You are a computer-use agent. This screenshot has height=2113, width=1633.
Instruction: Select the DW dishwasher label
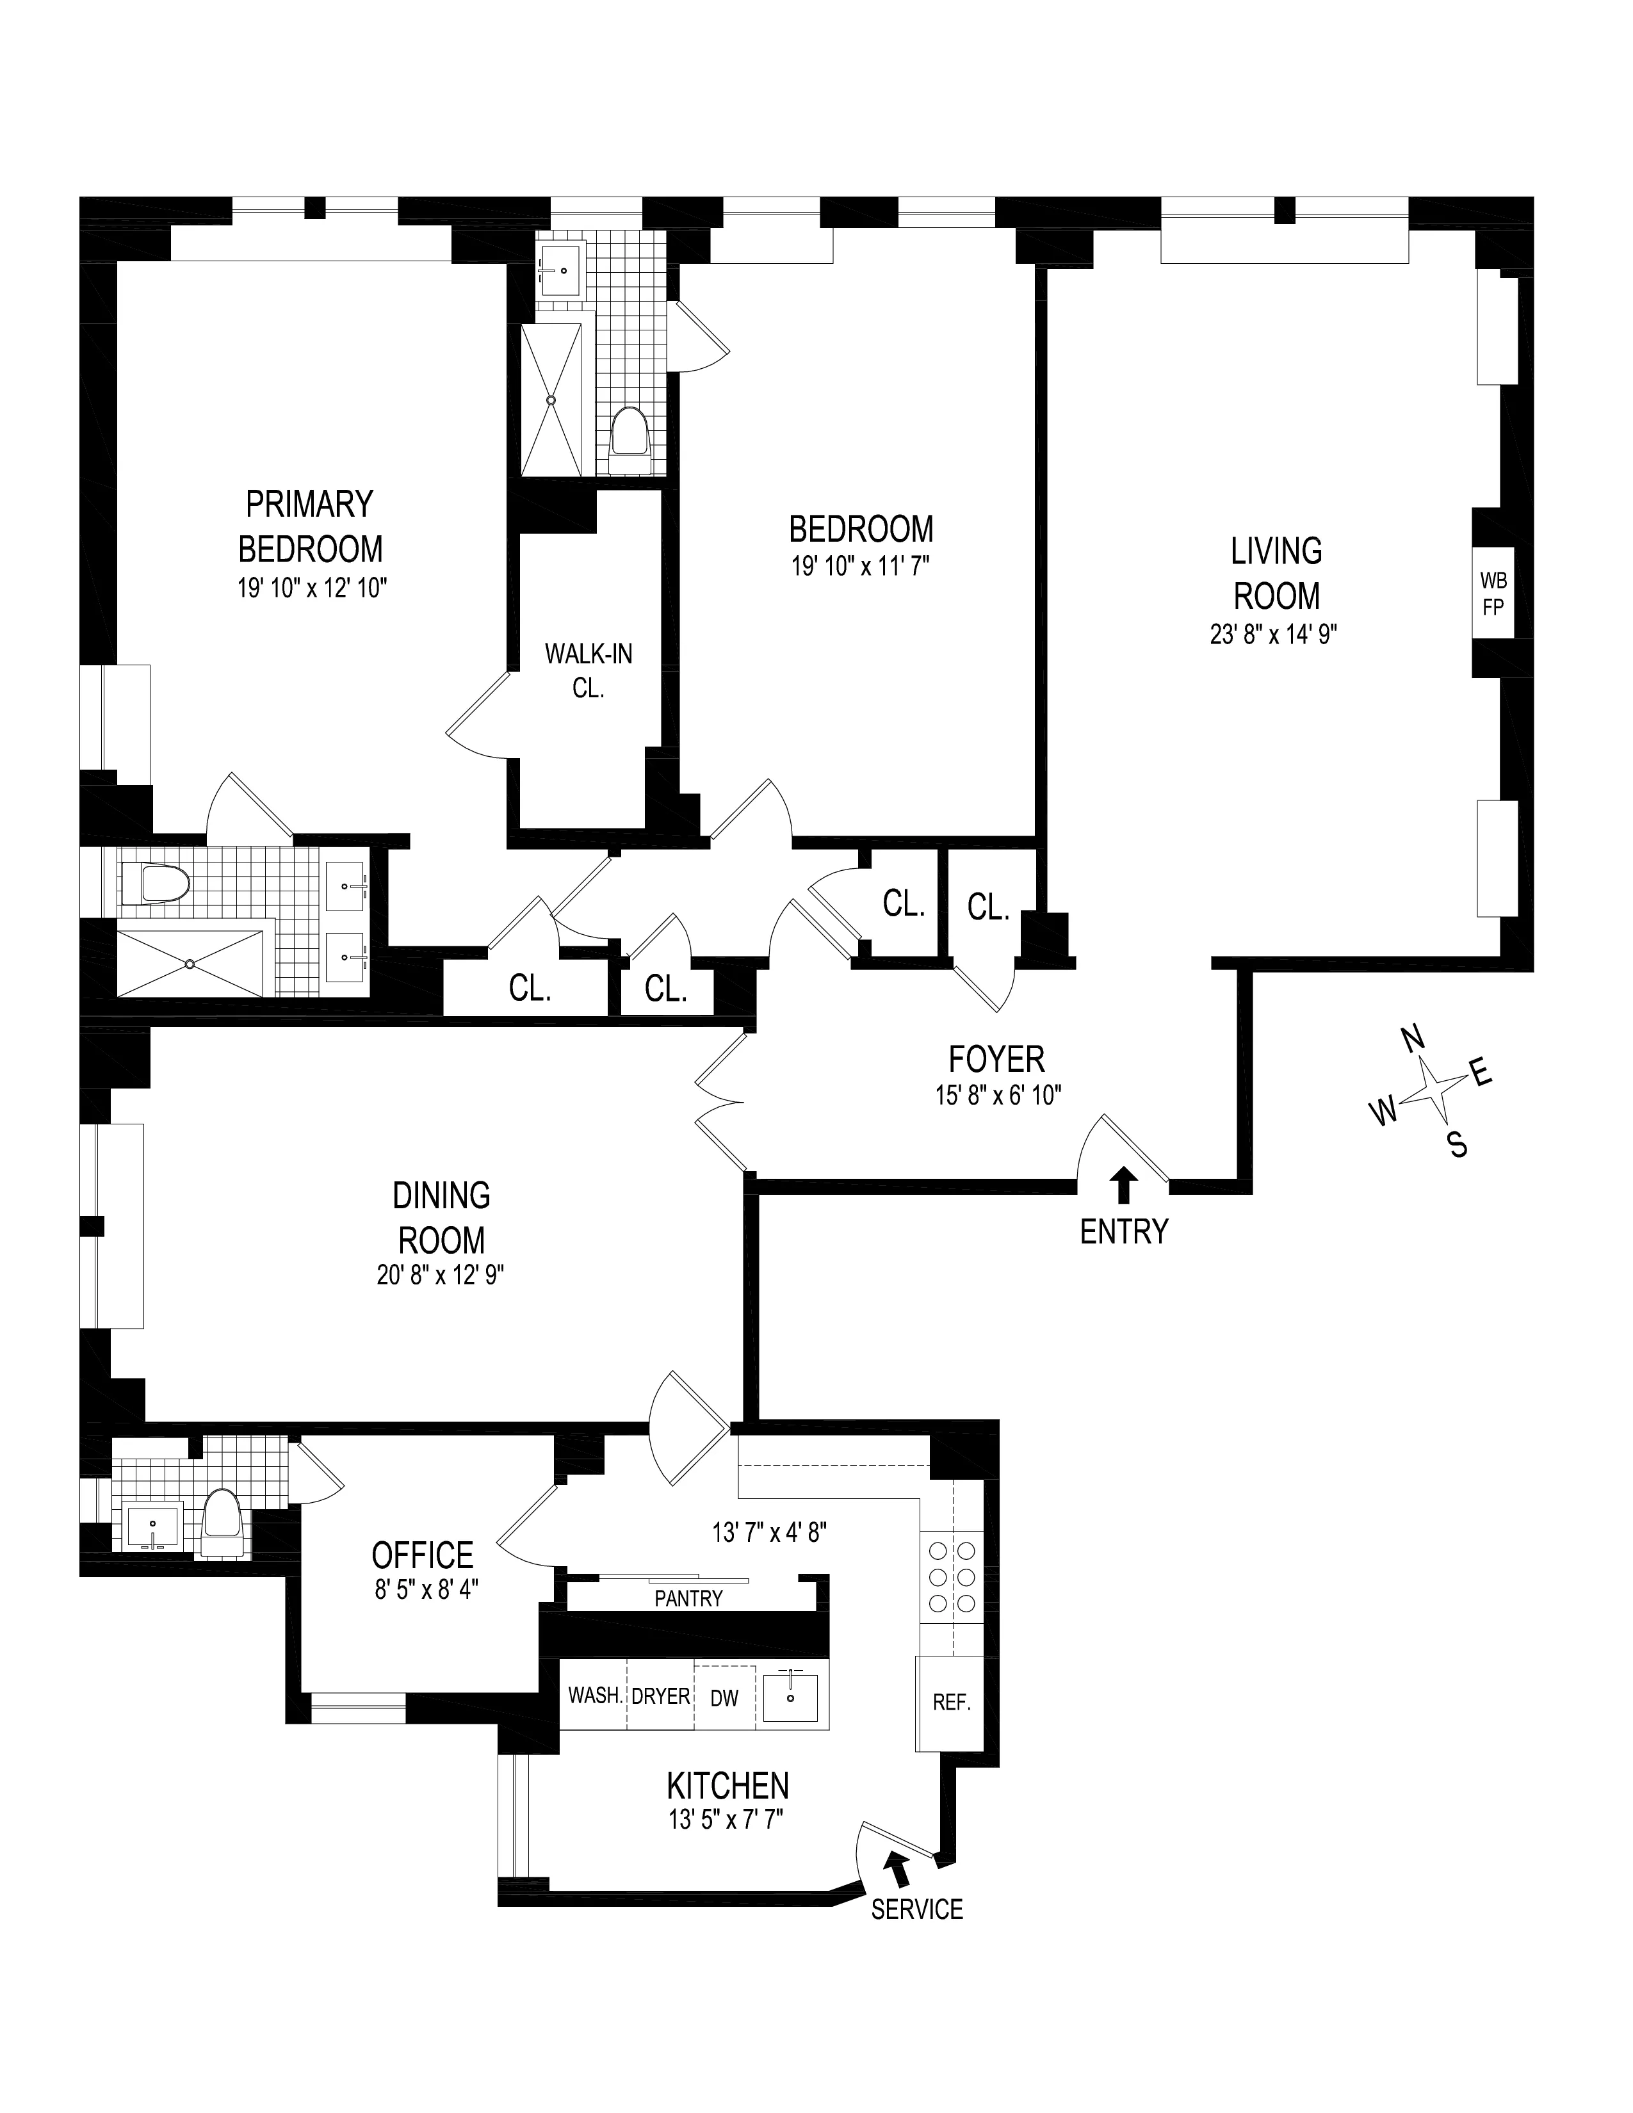[x=724, y=1697]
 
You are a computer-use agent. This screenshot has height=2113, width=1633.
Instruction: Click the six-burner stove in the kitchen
[x=951, y=1576]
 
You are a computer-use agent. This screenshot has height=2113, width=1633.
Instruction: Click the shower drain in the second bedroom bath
[x=551, y=400]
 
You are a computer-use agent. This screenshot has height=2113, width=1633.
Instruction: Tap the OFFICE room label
[x=423, y=1555]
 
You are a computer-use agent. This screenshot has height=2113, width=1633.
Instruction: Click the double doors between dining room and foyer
[x=720, y=1102]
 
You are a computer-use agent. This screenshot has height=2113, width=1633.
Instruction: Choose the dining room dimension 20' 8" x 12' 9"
[x=441, y=1275]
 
